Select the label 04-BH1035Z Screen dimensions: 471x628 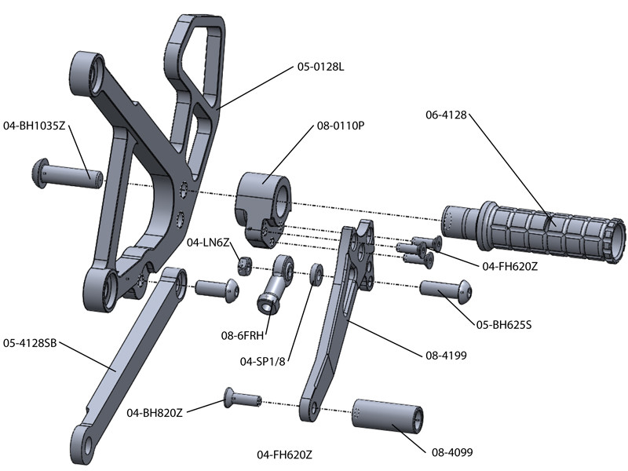pos(36,125)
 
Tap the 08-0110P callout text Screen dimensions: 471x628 pos(341,125)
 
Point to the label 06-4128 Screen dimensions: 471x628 pos(446,115)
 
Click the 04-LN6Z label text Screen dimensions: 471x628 pos(208,243)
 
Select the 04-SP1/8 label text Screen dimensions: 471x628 pos(265,362)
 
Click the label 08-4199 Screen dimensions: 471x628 pos(446,356)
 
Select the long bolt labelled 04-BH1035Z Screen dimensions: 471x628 pos(67,173)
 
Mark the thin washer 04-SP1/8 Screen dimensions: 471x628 pos(317,273)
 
